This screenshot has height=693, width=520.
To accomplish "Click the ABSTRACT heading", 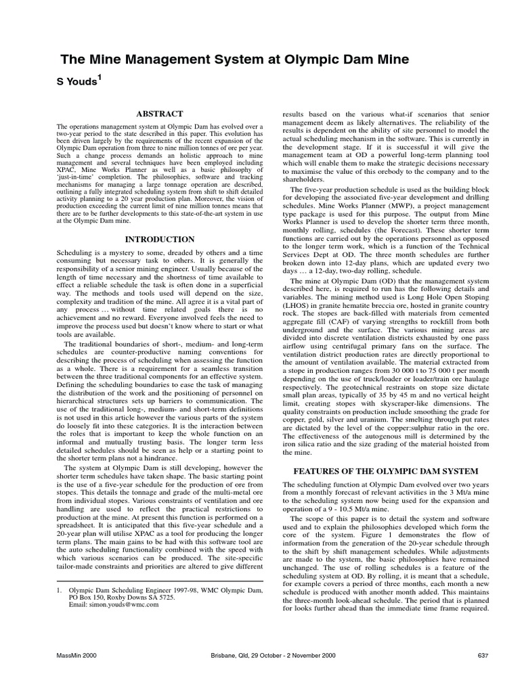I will click(x=160, y=114).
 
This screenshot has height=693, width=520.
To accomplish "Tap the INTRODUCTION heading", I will click(x=160, y=239).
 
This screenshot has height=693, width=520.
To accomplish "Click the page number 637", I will click(x=483, y=656).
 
